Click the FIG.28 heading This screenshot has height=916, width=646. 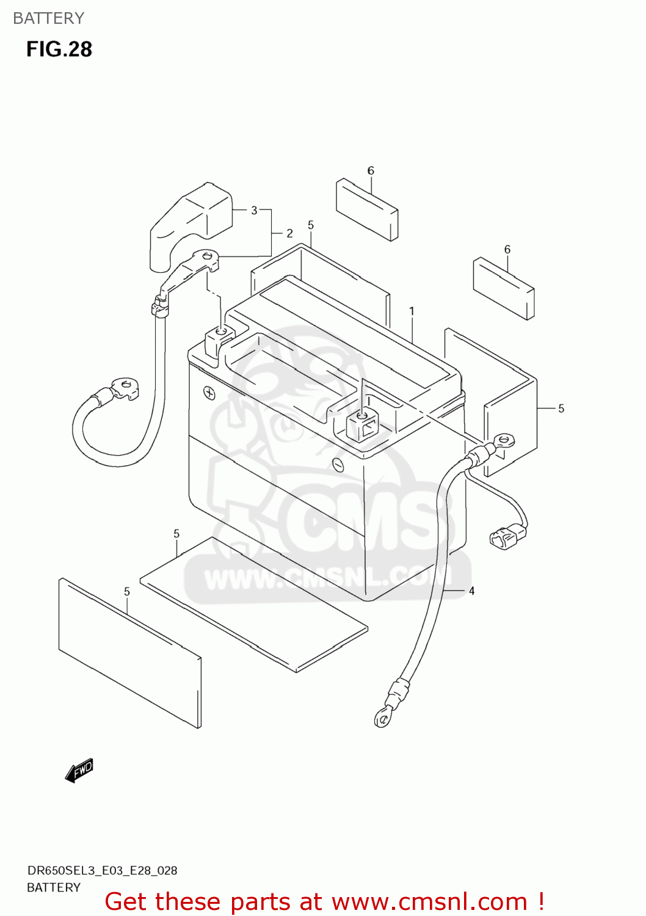pyautogui.click(x=59, y=49)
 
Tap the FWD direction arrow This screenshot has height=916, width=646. pyautogui.click(x=79, y=770)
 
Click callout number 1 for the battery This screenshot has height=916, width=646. pyautogui.click(x=412, y=311)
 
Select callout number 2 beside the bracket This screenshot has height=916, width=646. pyautogui.click(x=289, y=233)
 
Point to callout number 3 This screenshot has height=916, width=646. pyautogui.click(x=254, y=210)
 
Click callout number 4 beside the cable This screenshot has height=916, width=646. pyautogui.click(x=471, y=591)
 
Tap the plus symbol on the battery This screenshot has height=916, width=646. pyautogui.click(x=209, y=393)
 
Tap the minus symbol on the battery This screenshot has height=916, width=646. pyautogui.click(x=338, y=465)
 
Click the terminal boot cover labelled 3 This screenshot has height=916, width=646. pyautogui.click(x=190, y=223)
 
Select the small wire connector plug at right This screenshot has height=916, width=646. pyautogui.click(x=507, y=537)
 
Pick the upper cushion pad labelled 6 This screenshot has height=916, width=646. pyautogui.click(x=367, y=209)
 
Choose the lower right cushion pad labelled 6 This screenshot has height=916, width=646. pyautogui.click(x=504, y=288)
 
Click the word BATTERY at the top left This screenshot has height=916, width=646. pyautogui.click(x=49, y=18)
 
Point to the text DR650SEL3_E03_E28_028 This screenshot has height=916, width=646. pyautogui.click(x=102, y=870)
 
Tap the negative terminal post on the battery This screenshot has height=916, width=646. pyautogui.click(x=362, y=425)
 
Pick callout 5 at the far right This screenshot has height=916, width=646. pyautogui.click(x=561, y=409)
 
